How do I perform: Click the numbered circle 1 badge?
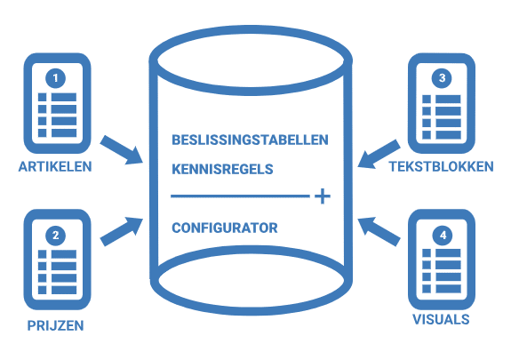56,78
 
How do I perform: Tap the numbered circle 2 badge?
56,236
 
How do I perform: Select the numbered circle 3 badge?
443,78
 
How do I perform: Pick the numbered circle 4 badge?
443,236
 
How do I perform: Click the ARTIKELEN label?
55,166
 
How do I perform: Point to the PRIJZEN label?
55,325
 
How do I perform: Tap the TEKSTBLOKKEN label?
443,166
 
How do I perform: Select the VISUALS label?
442,317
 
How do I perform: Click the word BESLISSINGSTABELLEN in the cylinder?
250,140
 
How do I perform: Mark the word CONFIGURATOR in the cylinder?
224,228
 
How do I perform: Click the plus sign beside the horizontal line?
323,196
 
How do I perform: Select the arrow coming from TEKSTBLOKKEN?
377,150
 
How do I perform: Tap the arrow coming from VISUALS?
377,228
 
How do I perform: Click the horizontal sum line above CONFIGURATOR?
240,196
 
